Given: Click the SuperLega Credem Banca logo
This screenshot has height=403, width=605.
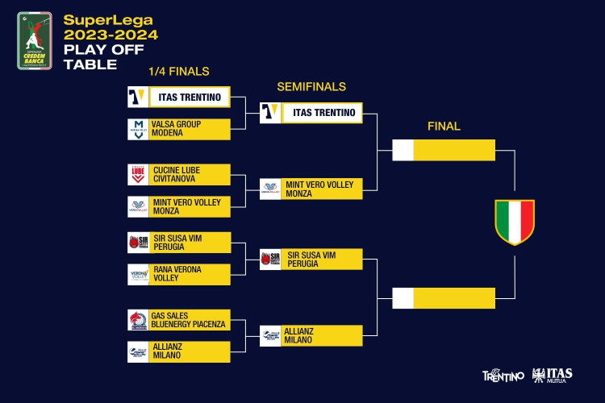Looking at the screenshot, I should point(34,41).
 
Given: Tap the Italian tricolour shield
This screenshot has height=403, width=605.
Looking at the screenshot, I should point(515,222).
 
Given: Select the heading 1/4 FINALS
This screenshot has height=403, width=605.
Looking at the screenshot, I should point(179,72).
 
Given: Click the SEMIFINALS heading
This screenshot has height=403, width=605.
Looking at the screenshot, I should point(311,86).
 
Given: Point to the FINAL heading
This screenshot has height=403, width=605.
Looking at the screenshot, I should point(444,126).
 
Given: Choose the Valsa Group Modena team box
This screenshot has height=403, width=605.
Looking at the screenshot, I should point(179,129).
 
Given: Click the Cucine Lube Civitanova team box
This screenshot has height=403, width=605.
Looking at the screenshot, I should point(179,175).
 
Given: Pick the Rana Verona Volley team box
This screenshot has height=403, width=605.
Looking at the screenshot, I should point(179,274).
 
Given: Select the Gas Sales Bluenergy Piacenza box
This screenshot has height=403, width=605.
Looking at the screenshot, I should point(179,320).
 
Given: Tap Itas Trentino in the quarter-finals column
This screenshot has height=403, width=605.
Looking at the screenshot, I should point(179,98).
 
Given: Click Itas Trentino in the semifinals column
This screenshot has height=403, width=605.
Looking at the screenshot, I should point(311,113).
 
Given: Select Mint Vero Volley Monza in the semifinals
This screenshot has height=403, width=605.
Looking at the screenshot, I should point(311,189).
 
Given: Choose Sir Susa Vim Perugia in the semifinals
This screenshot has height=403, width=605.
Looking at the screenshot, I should point(311,260).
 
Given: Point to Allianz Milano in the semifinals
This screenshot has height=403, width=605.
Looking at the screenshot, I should point(311,335).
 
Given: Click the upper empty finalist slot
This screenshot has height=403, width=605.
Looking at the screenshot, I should point(444,150).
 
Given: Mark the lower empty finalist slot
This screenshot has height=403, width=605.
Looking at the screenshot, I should point(444,297).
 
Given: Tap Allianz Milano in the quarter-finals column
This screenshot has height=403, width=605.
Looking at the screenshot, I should point(179,351).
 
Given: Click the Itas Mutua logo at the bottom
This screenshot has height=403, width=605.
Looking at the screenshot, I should point(553,375).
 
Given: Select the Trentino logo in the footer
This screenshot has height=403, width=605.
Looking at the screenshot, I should point(503,376).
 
